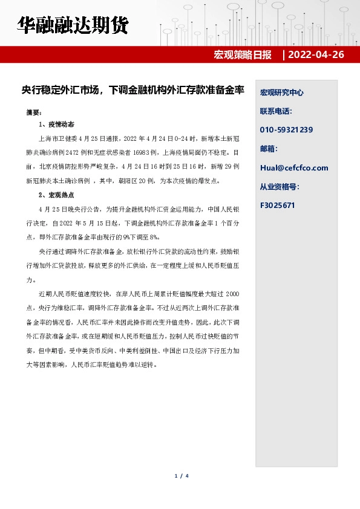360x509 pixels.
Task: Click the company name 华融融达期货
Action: (72, 25)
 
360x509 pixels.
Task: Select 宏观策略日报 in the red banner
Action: (243, 55)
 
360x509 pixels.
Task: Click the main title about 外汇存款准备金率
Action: (133, 90)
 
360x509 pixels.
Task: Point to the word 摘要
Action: (34, 112)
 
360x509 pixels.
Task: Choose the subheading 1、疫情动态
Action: (56, 125)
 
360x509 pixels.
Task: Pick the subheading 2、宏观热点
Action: (56, 195)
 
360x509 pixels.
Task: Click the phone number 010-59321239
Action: (286, 130)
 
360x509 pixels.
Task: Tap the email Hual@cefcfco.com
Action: (294, 167)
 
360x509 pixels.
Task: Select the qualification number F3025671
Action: (278, 205)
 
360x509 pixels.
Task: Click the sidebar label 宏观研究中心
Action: (281, 92)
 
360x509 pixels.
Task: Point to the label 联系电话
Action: (276, 111)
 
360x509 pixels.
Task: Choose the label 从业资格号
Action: (280, 186)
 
